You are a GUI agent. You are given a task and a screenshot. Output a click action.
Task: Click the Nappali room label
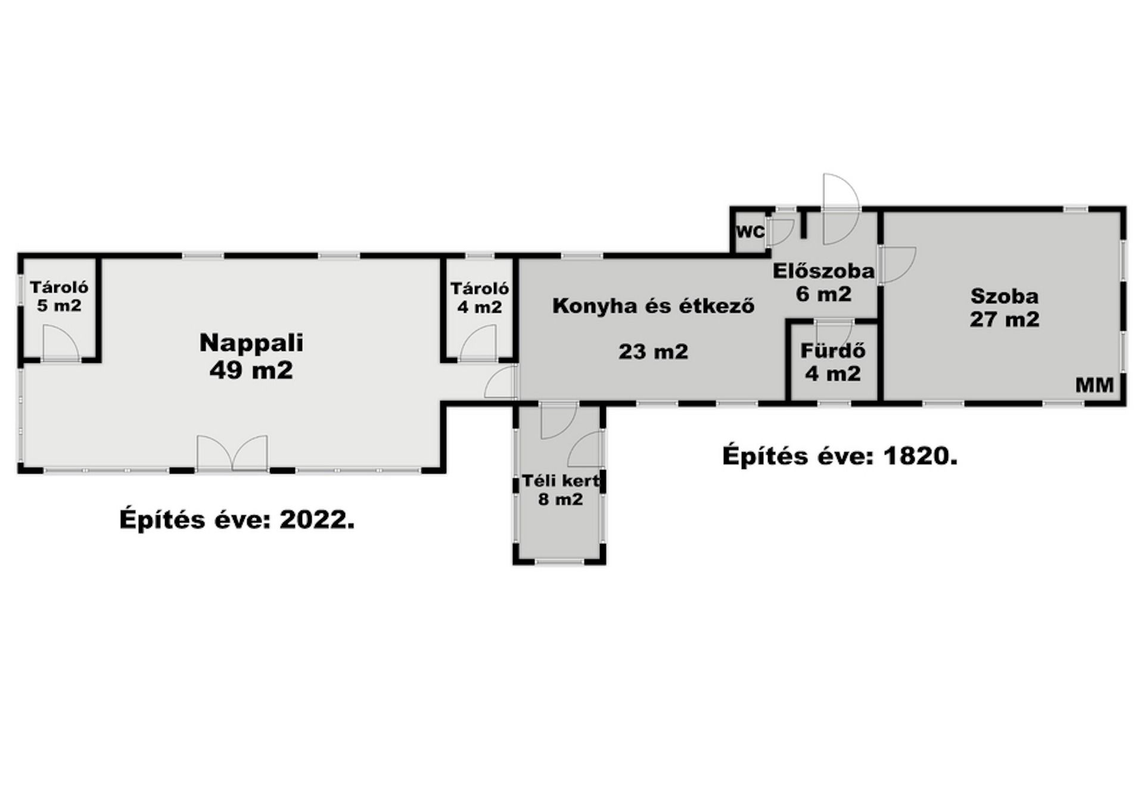click(251, 343)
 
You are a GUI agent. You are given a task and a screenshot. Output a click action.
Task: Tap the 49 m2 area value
click(251, 371)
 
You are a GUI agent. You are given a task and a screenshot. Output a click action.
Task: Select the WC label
click(750, 232)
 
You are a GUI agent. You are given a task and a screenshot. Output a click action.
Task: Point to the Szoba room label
click(1005, 296)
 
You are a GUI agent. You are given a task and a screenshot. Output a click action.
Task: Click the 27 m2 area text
click(1005, 319)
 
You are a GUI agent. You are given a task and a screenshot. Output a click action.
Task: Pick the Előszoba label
click(824, 271)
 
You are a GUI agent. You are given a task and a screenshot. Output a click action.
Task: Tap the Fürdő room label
click(832, 351)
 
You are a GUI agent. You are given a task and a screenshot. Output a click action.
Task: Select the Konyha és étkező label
click(654, 306)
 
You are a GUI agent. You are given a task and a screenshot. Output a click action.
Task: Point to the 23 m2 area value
click(654, 351)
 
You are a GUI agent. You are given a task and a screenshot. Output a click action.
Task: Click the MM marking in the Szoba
click(1095, 385)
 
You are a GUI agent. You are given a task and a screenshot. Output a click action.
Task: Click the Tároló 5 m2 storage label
click(59, 297)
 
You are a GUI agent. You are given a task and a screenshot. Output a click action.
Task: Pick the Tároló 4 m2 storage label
click(480, 298)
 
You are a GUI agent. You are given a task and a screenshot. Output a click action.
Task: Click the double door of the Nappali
click(232, 453)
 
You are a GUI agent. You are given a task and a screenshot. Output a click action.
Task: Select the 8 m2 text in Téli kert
click(561, 499)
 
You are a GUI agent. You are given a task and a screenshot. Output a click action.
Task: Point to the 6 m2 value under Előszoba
click(824, 294)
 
